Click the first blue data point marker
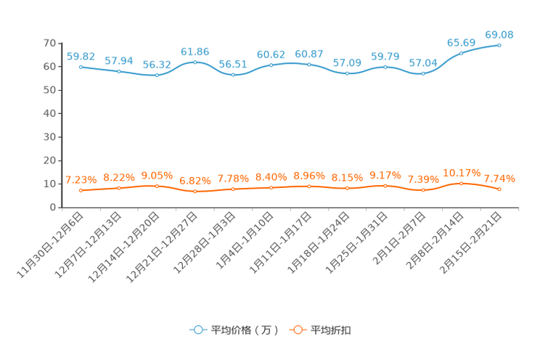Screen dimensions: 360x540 coord(81,66)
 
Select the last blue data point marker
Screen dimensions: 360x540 coord(499,45)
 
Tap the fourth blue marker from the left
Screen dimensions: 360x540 coord(195,62)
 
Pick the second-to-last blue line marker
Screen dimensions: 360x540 coord(461,53)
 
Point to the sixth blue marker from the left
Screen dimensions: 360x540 coord(271,65)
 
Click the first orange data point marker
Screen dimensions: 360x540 coord(81,191)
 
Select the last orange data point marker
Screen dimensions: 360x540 coord(499,189)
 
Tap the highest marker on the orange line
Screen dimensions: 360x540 coord(461,184)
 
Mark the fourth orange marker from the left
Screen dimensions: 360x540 coord(195,192)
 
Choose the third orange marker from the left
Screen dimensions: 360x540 coord(157,186)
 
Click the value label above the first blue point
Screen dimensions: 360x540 coord(81,56)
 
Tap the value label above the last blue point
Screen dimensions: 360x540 coord(499,34)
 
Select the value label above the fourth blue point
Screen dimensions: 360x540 coord(195,52)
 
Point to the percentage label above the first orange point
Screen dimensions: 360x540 coord(81,180)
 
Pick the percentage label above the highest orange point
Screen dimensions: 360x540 coord(461,173)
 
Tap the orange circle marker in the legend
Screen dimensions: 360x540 coord(297,330)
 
